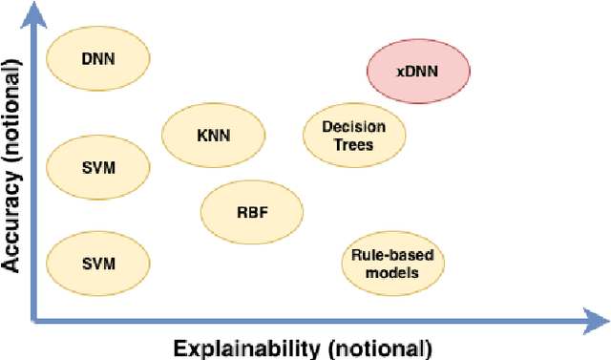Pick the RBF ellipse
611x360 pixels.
point(252,211)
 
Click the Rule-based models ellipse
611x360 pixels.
point(393,263)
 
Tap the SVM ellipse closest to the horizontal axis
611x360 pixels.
point(98,263)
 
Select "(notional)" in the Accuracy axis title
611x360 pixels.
point(13,109)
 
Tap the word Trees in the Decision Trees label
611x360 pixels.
point(353,145)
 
